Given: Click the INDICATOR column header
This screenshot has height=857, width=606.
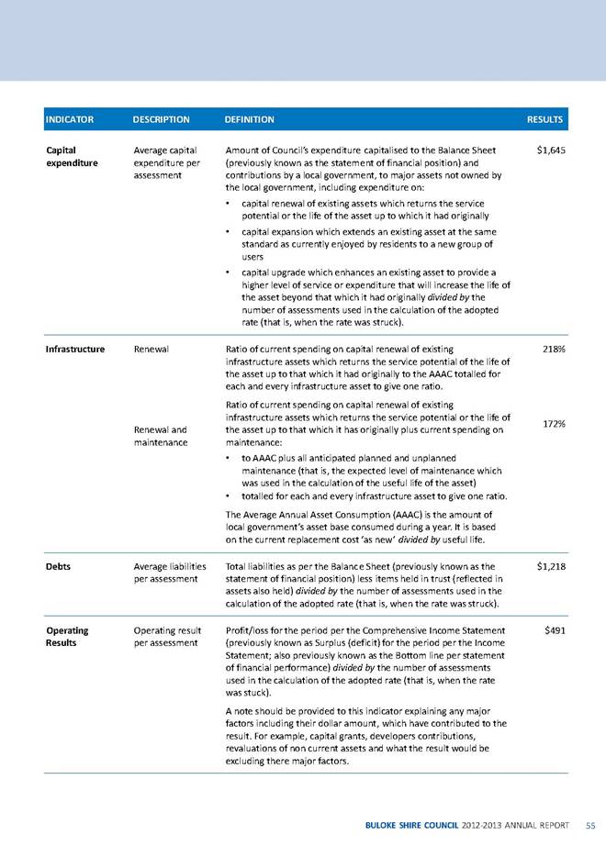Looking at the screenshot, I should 68,119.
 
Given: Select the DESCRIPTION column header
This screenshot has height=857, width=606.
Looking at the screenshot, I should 162,119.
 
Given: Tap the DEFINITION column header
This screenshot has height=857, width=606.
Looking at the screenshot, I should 249,119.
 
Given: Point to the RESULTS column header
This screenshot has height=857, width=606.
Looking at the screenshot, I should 544,119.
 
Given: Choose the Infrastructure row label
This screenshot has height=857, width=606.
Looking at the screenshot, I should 75,350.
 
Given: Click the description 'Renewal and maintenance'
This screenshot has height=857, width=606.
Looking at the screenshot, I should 161,436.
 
